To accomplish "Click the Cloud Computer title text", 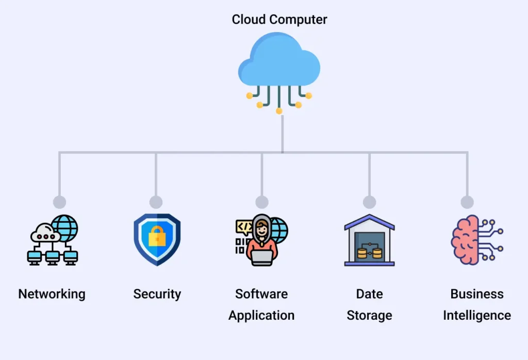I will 279,20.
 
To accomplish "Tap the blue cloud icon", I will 279,61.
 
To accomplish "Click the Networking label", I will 52,294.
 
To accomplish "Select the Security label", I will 157,294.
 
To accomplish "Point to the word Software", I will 261,294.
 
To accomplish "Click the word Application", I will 261,315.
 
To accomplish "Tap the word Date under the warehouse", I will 369,294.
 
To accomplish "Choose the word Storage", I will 369,315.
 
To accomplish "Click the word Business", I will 477,294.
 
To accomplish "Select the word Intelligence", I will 477,315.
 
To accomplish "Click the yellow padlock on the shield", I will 157,237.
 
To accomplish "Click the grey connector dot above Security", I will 156,202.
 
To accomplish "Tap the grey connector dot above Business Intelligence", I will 467,202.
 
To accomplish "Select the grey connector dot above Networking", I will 59,202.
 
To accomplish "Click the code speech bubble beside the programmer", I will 244,226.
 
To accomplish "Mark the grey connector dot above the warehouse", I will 369,202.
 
